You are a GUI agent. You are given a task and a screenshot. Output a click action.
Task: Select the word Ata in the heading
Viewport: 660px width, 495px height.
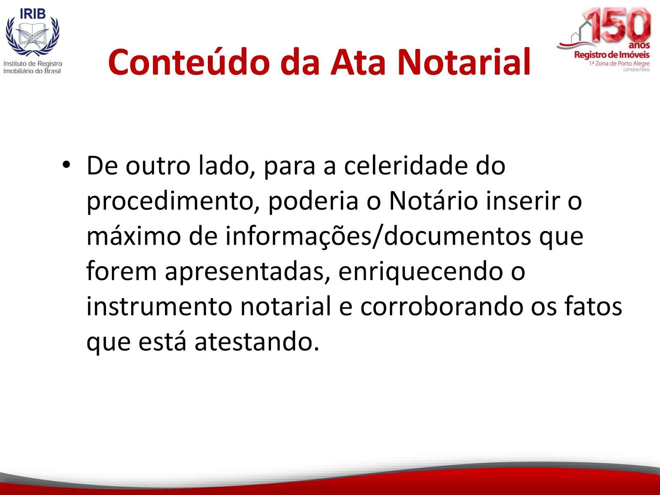[x=358, y=62]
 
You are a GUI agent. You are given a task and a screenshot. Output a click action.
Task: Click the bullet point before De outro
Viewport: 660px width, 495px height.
[x=66, y=165]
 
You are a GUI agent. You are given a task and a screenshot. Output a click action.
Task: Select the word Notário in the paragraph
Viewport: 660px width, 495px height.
[x=433, y=201]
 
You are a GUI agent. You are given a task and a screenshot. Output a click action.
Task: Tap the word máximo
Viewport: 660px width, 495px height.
[x=134, y=236]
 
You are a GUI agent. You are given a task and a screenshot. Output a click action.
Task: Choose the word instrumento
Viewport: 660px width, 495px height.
[x=159, y=306]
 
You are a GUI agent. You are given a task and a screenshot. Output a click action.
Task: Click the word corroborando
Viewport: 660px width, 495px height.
[x=441, y=306]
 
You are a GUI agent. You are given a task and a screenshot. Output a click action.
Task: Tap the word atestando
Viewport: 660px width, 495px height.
[x=257, y=342]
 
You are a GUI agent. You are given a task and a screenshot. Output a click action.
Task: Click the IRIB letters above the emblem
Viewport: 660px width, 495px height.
[x=33, y=14]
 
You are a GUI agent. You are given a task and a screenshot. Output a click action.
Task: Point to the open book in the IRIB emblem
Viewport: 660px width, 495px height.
[x=33, y=35]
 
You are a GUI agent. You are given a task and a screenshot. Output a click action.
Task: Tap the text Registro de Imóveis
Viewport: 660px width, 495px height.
[x=612, y=55]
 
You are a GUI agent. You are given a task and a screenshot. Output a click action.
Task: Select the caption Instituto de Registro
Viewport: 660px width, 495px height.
[x=33, y=64]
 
